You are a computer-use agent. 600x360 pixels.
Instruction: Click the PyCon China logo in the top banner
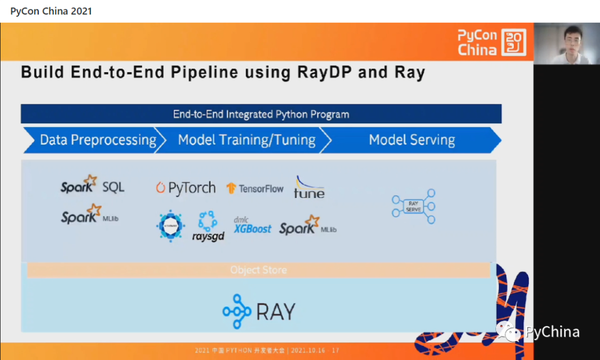492,42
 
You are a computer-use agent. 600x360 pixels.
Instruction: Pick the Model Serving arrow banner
412,140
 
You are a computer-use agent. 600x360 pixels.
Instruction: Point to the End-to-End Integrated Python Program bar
261,114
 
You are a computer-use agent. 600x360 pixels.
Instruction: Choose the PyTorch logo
186,188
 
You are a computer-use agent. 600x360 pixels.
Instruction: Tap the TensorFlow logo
255,188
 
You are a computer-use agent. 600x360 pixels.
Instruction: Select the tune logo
309,188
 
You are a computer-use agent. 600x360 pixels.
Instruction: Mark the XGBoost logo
253,226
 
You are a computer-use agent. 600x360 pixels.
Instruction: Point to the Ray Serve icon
413,207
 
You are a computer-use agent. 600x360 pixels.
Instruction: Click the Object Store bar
259,270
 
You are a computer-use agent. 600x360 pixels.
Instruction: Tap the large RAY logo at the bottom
259,312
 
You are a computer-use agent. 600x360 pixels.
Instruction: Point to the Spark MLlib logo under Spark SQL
89,216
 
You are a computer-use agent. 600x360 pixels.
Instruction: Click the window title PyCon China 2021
51,11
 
